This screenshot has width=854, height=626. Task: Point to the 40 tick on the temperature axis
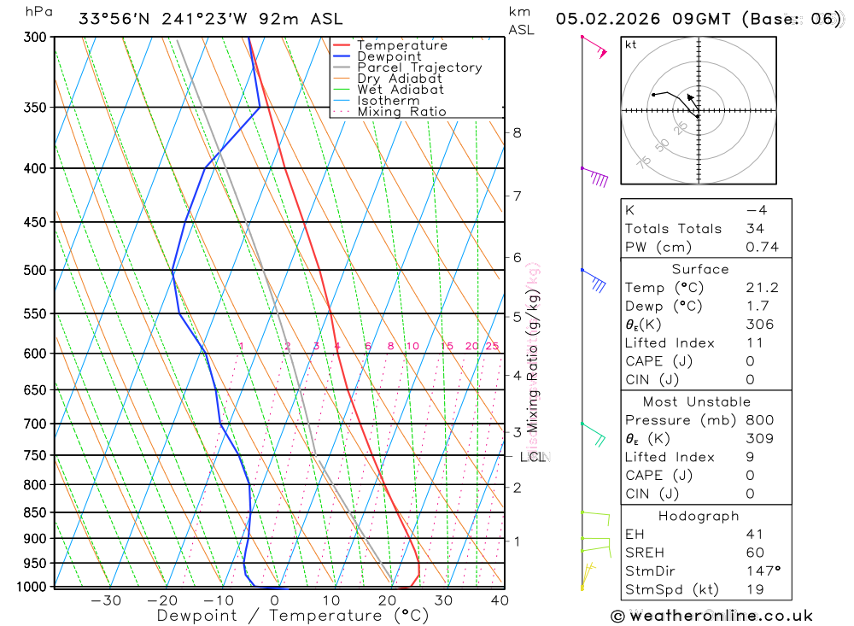click(500, 600)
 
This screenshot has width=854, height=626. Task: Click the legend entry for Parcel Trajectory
click(418, 67)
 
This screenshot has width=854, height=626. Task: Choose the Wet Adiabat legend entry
click(400, 90)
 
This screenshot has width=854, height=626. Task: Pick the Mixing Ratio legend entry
click(401, 112)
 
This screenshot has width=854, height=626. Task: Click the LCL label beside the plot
click(532, 457)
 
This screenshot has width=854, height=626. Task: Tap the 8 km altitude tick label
click(518, 132)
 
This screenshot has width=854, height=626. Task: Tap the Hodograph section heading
click(699, 517)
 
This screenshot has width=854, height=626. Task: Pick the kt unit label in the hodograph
click(631, 45)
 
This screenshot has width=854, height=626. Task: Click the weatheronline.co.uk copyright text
click(711, 616)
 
